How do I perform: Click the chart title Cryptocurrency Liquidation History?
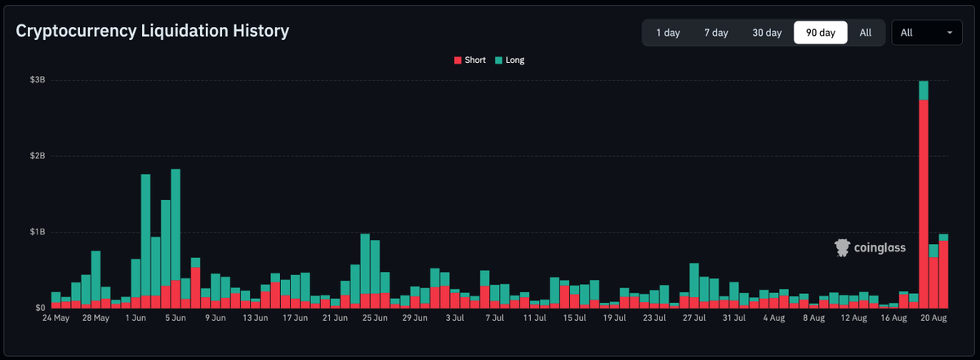(152, 31)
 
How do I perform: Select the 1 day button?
(668, 33)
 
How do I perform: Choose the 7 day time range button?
(715, 33)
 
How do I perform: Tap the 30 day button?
(767, 33)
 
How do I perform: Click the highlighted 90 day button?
(820, 33)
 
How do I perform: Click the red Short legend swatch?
(457, 60)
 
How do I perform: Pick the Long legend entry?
(510, 60)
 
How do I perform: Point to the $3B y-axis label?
(38, 80)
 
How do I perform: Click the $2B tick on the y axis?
(38, 156)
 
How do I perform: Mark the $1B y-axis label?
(38, 232)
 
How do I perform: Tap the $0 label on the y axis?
(40, 308)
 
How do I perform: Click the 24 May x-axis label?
(56, 318)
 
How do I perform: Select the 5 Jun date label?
(176, 318)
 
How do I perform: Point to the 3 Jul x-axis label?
(455, 318)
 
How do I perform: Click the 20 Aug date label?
(933, 318)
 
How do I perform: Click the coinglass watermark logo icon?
(842, 247)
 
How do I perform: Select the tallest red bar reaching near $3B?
(924, 204)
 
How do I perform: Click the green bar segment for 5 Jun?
(176, 224)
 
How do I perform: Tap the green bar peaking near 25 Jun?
(365, 264)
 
